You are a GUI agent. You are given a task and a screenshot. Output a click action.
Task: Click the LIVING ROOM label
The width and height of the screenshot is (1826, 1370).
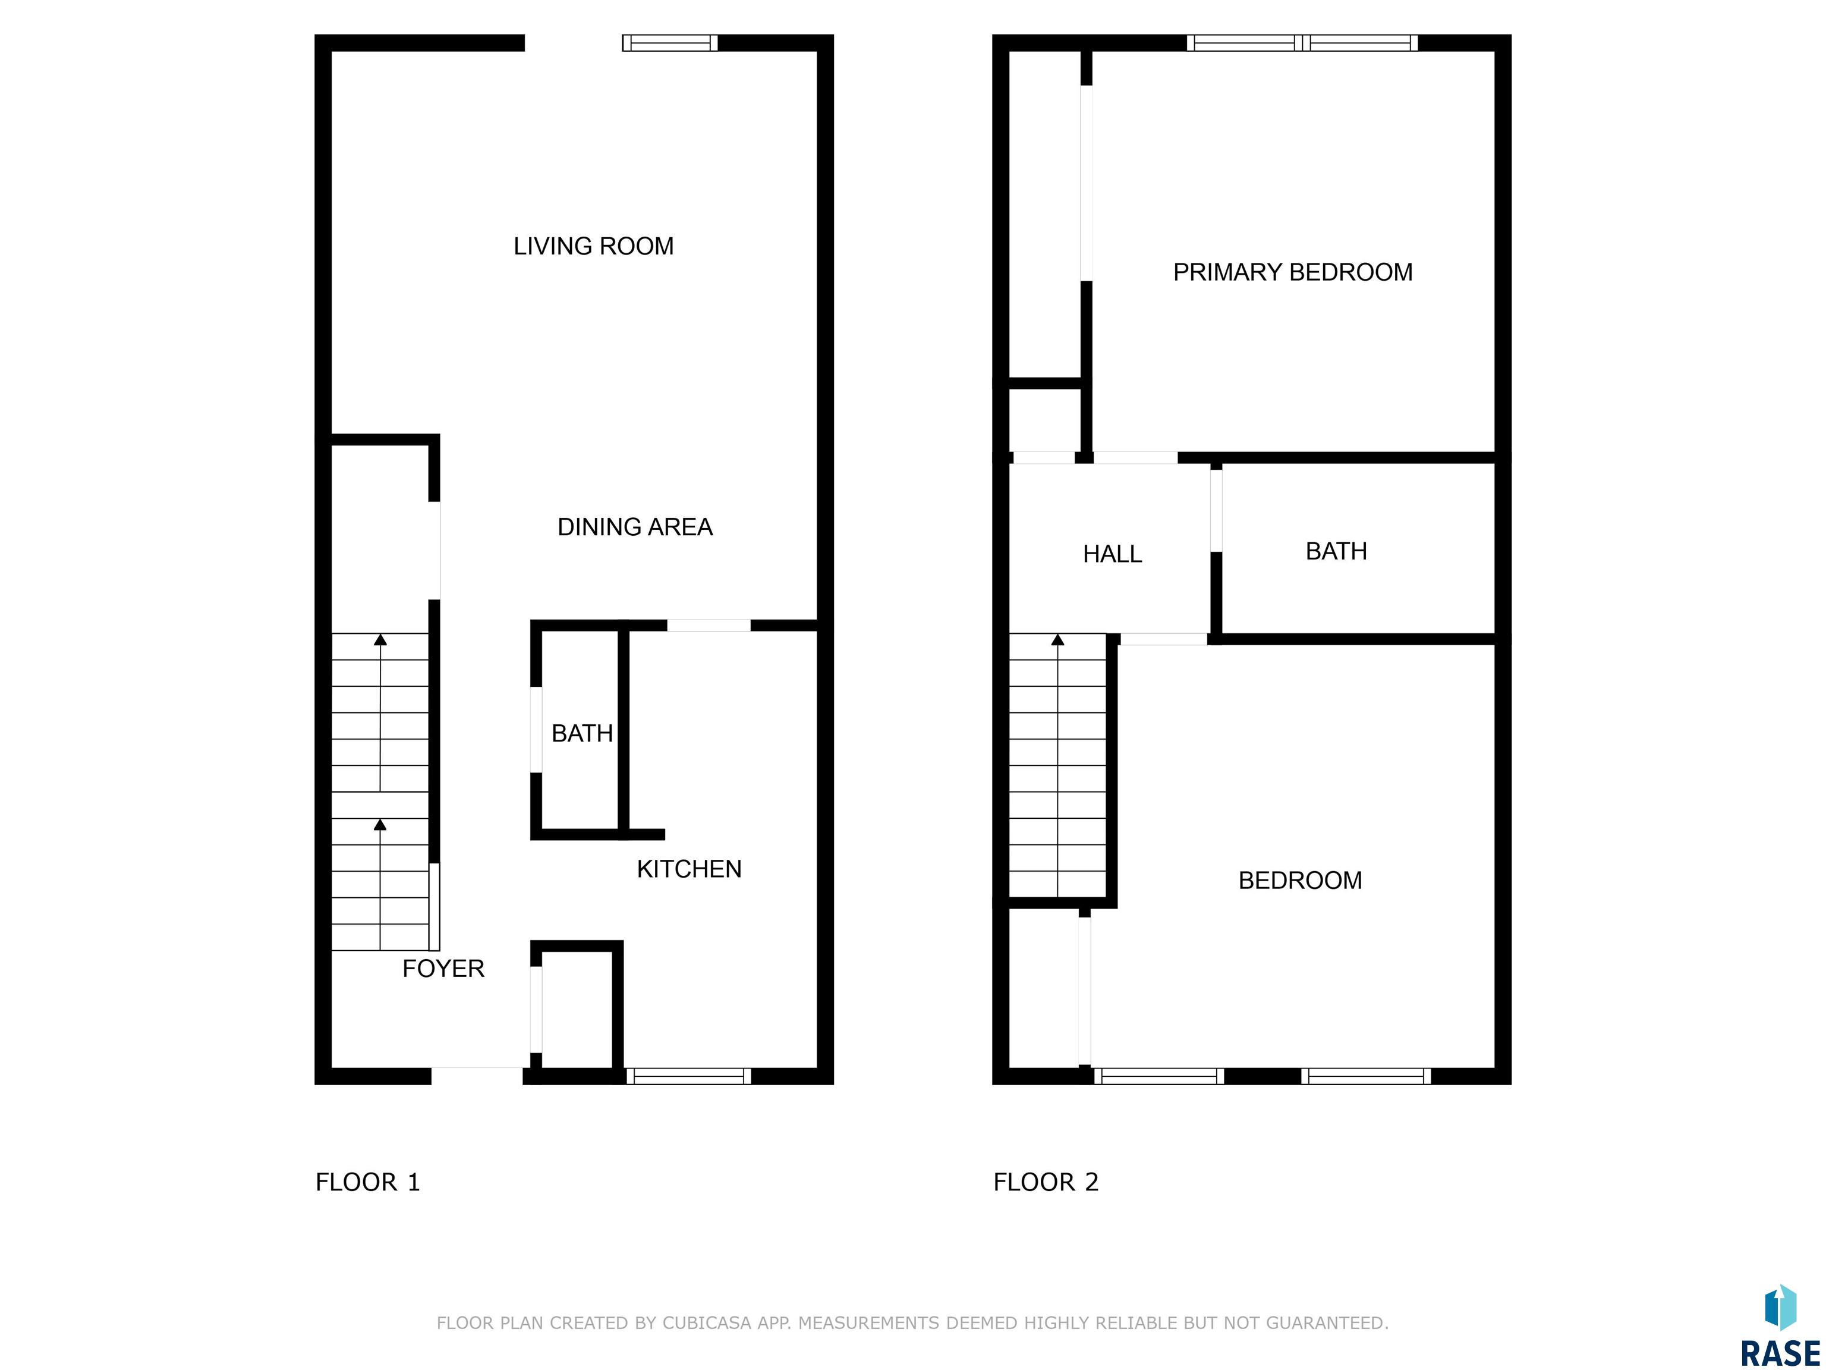tap(594, 246)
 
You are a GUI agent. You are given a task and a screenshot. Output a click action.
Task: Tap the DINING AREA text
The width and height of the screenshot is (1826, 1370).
tap(635, 527)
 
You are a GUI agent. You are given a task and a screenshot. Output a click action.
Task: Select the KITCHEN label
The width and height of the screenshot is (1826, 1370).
tap(690, 869)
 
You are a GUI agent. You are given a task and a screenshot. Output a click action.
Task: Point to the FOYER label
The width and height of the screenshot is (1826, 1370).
tap(443, 968)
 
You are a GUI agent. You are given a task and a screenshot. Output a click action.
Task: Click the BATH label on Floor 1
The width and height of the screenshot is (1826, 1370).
tap(582, 733)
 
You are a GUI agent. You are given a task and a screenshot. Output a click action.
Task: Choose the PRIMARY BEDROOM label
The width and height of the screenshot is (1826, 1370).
tap(1293, 272)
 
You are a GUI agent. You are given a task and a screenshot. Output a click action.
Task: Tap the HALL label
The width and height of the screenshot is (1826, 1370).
tap(1112, 554)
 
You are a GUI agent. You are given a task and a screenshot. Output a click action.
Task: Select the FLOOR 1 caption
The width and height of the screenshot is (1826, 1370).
tap(368, 1183)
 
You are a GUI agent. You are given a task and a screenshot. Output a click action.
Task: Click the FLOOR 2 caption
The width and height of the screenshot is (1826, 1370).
tap(1046, 1183)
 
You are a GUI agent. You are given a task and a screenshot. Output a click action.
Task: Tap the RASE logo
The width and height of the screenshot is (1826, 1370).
tap(1780, 1326)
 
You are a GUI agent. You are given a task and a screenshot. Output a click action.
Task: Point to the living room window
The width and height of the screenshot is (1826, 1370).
tap(669, 43)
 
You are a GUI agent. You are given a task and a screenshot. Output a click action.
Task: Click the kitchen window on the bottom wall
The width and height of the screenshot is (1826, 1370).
tap(688, 1076)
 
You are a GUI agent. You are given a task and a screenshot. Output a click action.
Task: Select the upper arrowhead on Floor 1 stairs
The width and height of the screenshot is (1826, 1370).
tap(380, 639)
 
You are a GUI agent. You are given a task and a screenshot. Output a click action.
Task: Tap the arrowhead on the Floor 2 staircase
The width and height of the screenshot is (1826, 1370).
tap(1057, 639)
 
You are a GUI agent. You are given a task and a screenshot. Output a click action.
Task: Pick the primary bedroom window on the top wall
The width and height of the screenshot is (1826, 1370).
tap(1303, 43)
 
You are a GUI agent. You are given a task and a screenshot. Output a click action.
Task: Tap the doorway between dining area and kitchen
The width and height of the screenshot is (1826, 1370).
tap(709, 625)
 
